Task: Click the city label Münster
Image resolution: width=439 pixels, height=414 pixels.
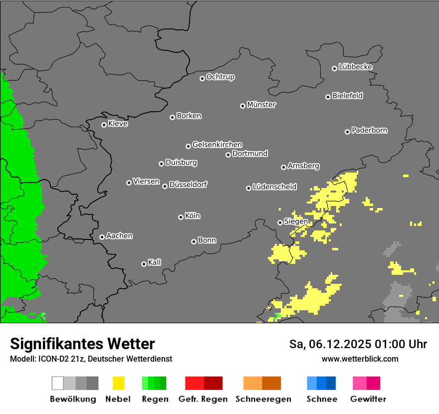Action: pos(261,105)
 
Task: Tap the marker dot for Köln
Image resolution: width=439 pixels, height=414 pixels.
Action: pos(181,217)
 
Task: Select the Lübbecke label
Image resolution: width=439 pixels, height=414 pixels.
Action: pos(355,67)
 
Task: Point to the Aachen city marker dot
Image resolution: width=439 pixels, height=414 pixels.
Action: pos(102,237)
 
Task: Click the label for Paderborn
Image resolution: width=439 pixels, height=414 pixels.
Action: pos(369,130)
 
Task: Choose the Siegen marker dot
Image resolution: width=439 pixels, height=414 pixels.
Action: pos(280,222)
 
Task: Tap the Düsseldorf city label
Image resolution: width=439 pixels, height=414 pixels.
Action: pos(188,185)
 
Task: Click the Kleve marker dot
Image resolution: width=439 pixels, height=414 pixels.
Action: pos(104,125)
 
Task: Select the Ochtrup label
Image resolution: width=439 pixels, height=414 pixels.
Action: pos(220,77)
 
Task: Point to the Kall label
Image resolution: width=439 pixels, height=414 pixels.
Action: pos(154,262)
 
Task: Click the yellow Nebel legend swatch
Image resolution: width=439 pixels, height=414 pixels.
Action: pos(118,383)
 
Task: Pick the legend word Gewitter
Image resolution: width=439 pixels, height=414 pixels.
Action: pos(368,399)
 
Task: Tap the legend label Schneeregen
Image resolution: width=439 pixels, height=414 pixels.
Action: pos(263,399)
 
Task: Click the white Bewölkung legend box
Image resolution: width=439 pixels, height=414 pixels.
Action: pos(58,383)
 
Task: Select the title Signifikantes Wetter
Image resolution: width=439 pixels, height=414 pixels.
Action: pos(82,344)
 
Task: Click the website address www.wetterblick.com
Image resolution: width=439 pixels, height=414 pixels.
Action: pos(360,359)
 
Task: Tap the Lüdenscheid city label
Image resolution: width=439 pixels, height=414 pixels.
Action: pos(274,187)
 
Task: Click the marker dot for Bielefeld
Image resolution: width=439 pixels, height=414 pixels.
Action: pos(328,97)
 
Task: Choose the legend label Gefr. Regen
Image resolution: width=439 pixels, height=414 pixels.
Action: pos(203,399)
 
